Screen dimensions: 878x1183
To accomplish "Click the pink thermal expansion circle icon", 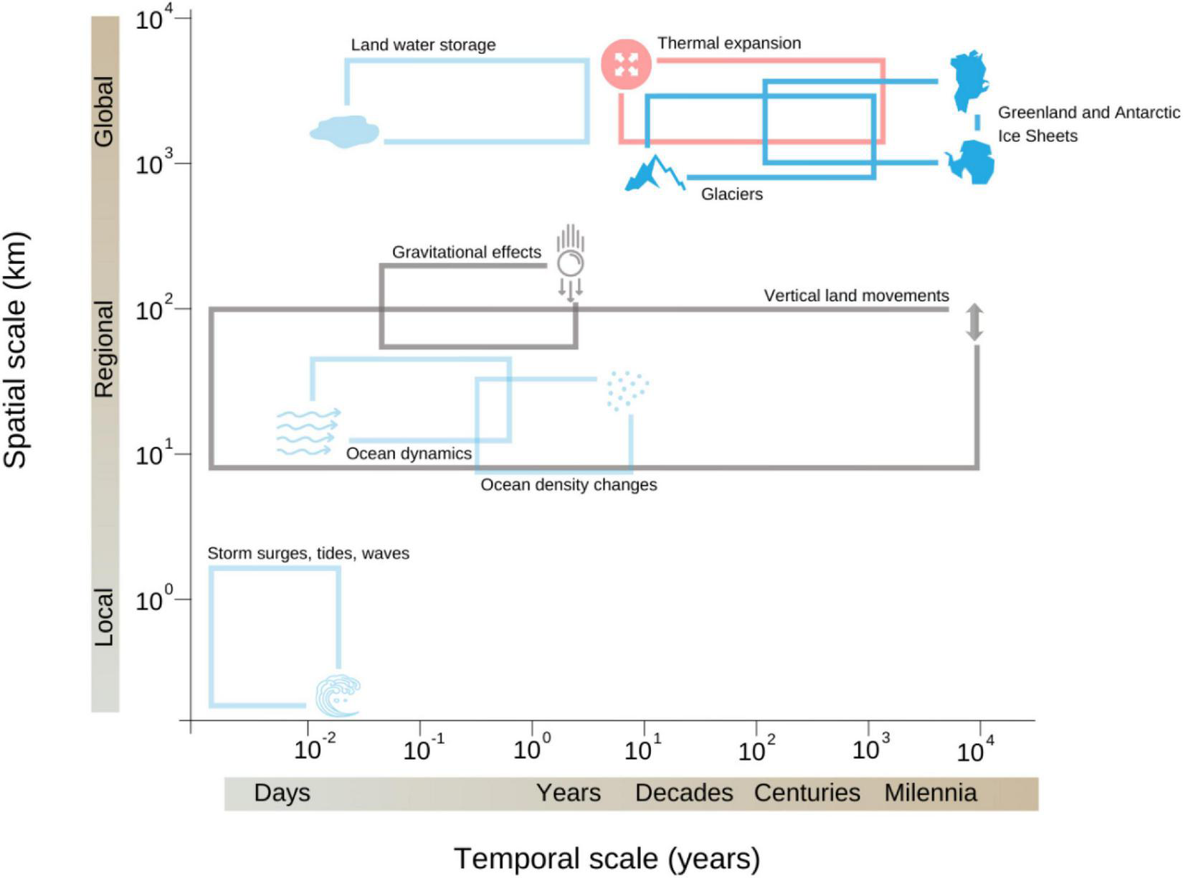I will [626, 65].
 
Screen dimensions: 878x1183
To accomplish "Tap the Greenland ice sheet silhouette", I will [968, 79].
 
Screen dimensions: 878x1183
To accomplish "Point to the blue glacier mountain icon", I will [654, 174].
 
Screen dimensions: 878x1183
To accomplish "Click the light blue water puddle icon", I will [344, 131].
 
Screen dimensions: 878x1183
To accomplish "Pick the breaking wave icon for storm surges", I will [338, 695].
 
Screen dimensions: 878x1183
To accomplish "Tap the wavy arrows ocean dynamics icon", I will [308, 432].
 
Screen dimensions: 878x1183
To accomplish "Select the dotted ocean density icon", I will [627, 390].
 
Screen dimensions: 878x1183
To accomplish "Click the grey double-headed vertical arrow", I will [974, 322].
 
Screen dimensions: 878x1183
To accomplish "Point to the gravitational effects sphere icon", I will [571, 263].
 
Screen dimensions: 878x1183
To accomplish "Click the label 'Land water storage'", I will [423, 44].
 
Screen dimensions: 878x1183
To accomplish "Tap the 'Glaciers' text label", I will [731, 194].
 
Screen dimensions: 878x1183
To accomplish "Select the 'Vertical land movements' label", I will [856, 296].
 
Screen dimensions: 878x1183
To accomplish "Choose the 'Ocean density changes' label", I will [569, 485].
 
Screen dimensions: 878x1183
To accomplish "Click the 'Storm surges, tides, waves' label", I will [308, 553].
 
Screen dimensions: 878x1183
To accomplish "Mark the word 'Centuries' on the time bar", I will [807, 793].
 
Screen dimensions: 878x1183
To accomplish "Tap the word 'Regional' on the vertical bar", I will [105, 349].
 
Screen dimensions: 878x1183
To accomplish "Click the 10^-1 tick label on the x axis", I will [423, 749].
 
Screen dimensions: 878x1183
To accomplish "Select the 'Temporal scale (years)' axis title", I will [607, 858].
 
